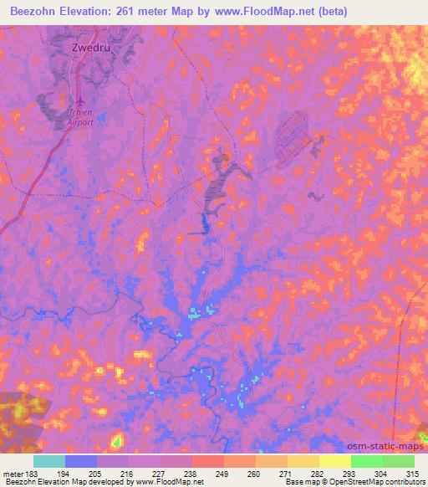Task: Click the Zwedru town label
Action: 84,48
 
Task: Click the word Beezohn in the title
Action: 38,12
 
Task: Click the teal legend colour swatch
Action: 49,461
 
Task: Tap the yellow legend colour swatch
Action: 335,461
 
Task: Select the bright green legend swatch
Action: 367,461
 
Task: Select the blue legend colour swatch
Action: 81,461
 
